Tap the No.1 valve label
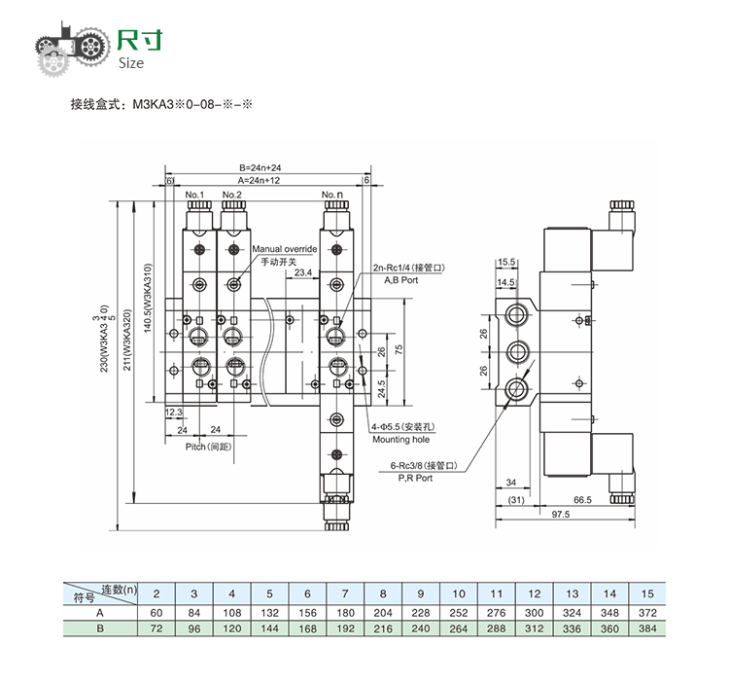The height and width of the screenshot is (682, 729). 193,195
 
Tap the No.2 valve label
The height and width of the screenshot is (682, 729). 231,195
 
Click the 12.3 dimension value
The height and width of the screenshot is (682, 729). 174,413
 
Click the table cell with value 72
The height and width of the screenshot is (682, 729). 156,629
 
